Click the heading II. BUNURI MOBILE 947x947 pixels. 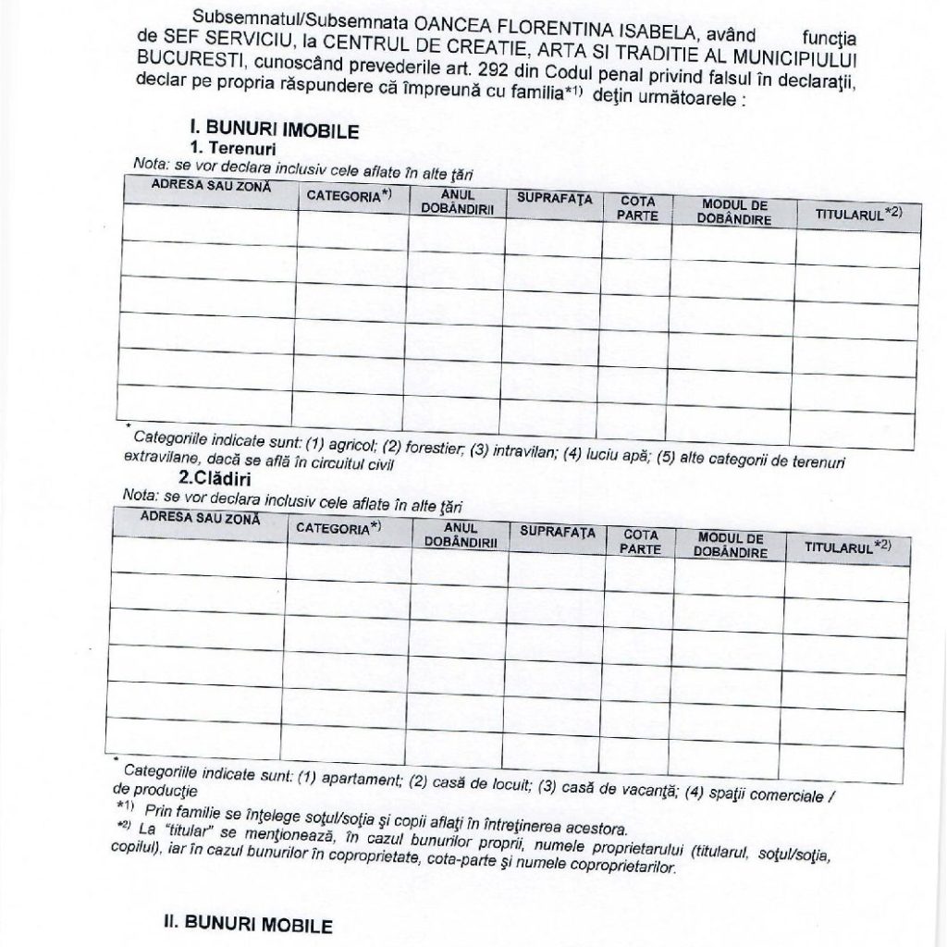pos(247,924)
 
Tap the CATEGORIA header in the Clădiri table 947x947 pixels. pos(339,527)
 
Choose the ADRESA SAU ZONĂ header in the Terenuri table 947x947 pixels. pos(212,186)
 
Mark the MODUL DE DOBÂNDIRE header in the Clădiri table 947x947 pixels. pos(731,545)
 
